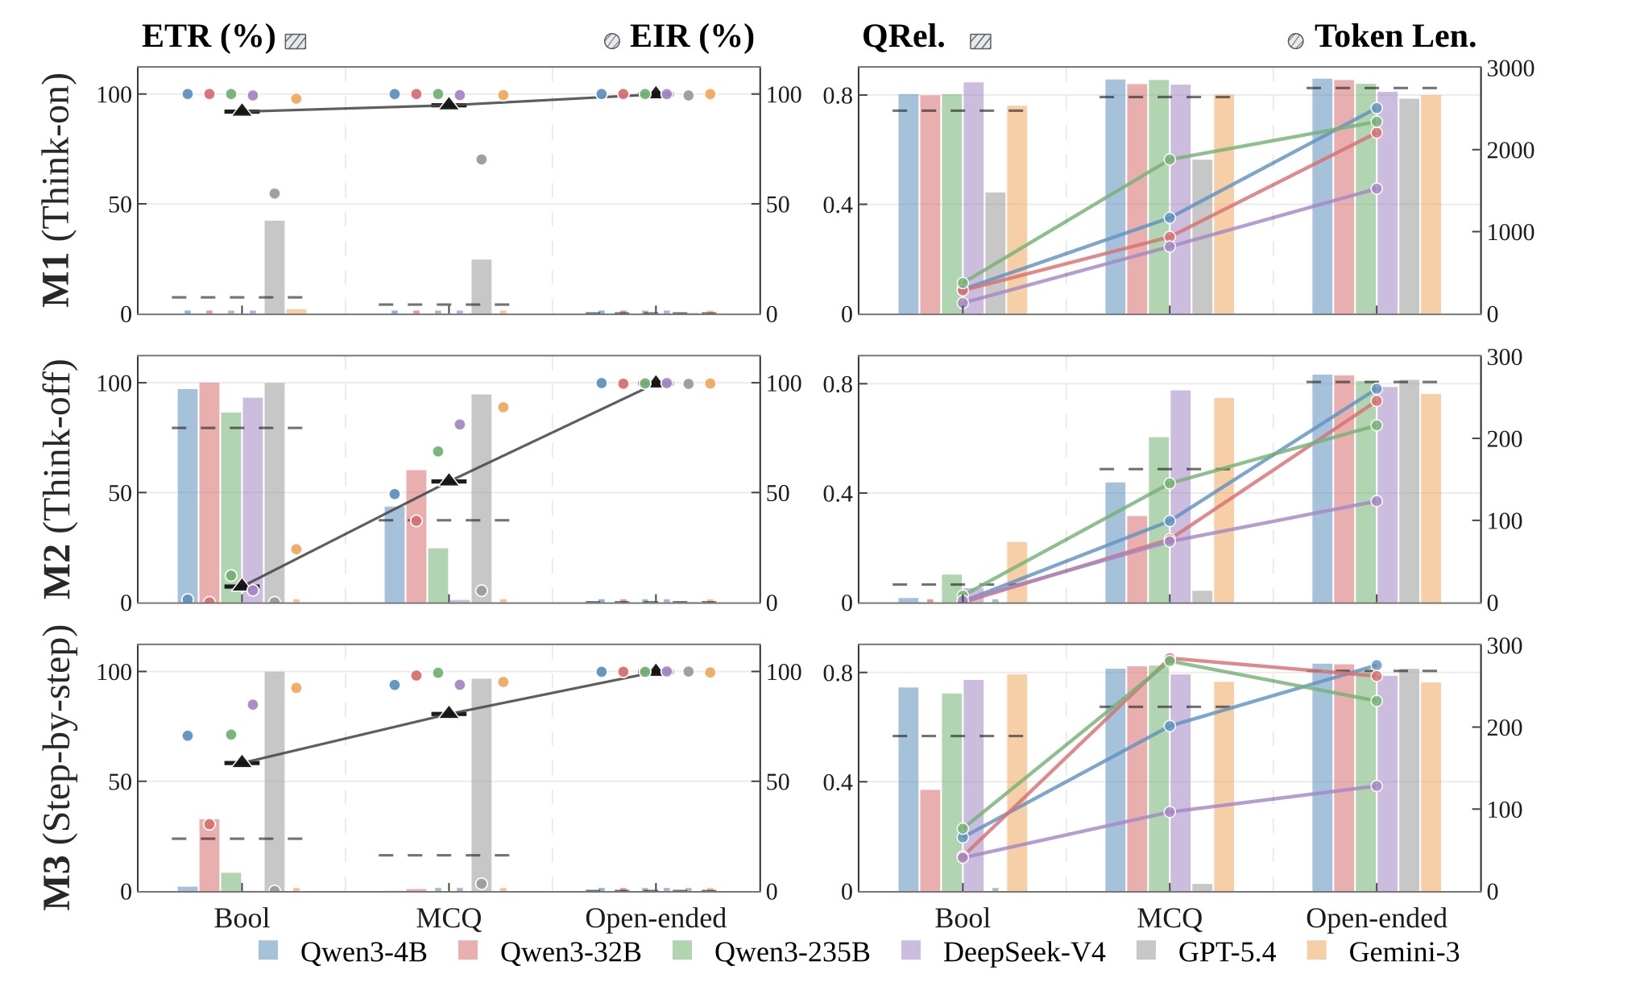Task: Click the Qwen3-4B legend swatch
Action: (x=268, y=951)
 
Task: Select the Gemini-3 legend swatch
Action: (x=1317, y=951)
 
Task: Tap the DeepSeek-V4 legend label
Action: (x=1025, y=952)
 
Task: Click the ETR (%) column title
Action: (x=209, y=36)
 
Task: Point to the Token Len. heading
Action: (x=1395, y=36)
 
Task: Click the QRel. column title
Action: (x=903, y=36)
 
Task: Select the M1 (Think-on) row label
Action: (x=58, y=190)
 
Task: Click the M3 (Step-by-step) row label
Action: (x=58, y=767)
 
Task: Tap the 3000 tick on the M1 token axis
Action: (x=1510, y=68)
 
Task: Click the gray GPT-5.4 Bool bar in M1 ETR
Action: (x=275, y=267)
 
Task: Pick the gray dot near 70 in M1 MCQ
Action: (x=482, y=160)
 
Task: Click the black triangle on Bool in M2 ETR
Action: (x=241, y=584)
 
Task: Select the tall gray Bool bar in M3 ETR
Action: (x=275, y=781)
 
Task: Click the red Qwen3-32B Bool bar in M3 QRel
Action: (x=930, y=840)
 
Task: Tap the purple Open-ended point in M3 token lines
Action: (x=1377, y=786)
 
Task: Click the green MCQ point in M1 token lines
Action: (x=1170, y=160)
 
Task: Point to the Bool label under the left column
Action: (x=242, y=918)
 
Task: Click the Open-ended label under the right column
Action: (x=1377, y=918)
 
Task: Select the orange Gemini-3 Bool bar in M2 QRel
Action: (x=1017, y=572)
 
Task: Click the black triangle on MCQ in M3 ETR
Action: (x=449, y=712)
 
